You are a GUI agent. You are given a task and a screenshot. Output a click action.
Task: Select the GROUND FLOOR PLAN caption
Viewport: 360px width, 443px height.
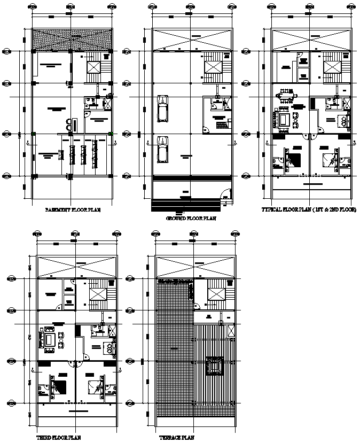click(191, 218)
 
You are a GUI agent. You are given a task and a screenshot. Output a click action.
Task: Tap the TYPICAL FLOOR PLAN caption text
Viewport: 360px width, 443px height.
click(309, 211)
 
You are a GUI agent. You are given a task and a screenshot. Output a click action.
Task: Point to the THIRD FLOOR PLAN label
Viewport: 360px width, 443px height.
click(58, 437)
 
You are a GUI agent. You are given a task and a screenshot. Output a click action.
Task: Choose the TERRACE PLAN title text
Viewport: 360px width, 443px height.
click(176, 437)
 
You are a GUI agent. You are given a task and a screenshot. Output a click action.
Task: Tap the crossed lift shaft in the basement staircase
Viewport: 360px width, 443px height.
click(94, 67)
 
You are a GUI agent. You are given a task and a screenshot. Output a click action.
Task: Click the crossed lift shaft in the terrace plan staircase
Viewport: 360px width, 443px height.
click(216, 294)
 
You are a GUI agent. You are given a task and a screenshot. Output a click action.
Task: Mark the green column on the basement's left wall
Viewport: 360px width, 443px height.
click(33, 134)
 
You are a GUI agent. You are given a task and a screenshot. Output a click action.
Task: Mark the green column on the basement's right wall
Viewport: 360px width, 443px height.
click(111, 134)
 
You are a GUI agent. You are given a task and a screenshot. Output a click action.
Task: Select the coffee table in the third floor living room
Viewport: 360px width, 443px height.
click(50, 340)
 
